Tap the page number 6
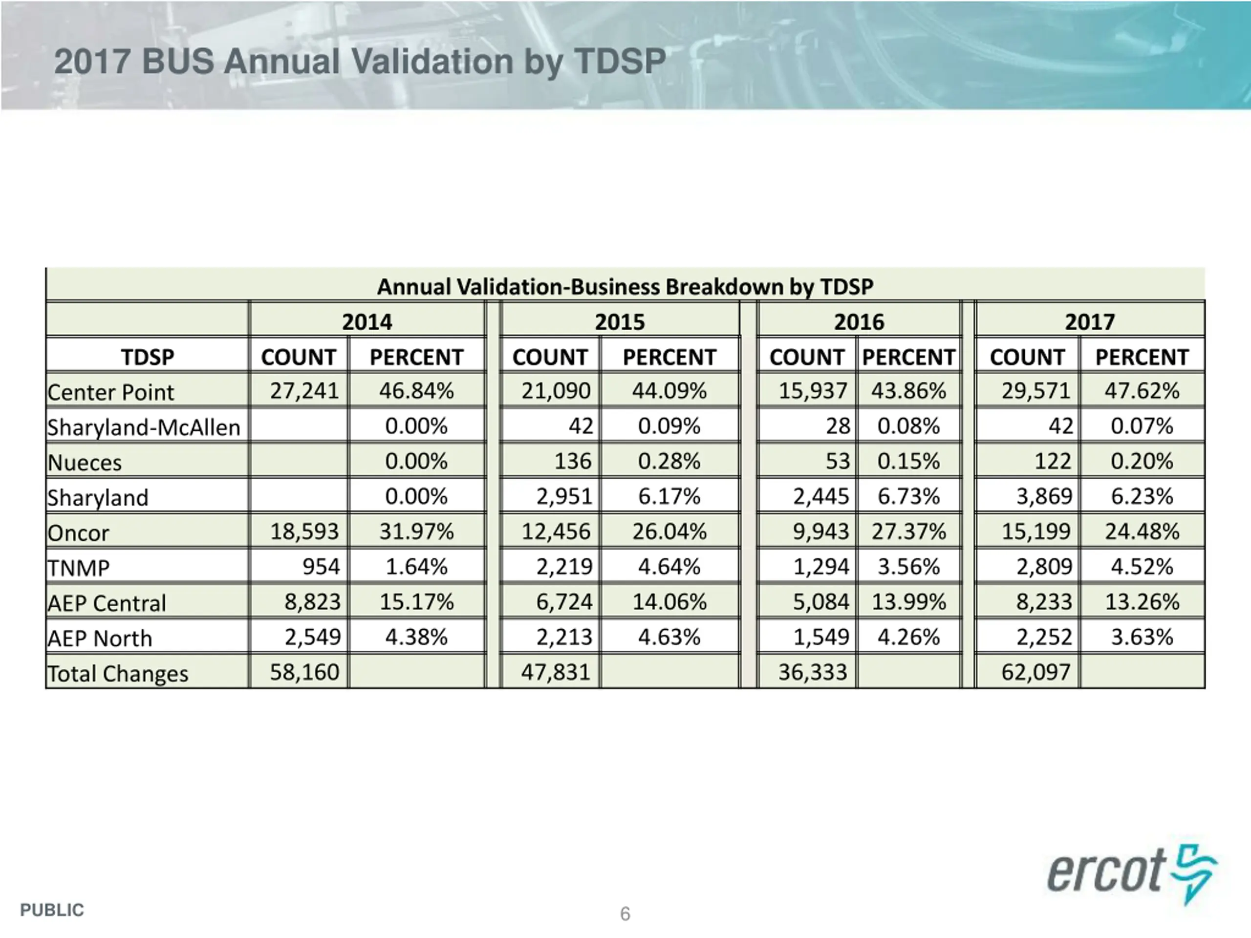click(x=625, y=914)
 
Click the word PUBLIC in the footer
click(x=52, y=910)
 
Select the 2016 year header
click(x=859, y=322)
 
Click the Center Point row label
click(x=111, y=392)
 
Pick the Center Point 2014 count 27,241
click(x=304, y=391)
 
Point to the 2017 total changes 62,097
click(x=1035, y=672)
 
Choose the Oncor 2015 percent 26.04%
click(x=669, y=532)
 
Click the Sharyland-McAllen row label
click(x=144, y=427)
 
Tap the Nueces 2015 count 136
click(x=572, y=461)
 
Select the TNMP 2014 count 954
click(x=321, y=567)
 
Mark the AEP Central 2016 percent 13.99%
click(x=908, y=601)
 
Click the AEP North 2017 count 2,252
click(x=1043, y=637)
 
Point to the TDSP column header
click(x=148, y=357)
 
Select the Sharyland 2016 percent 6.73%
click(x=908, y=496)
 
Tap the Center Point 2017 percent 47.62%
click(x=1142, y=391)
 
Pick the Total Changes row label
click(x=118, y=673)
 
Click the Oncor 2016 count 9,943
click(x=820, y=532)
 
